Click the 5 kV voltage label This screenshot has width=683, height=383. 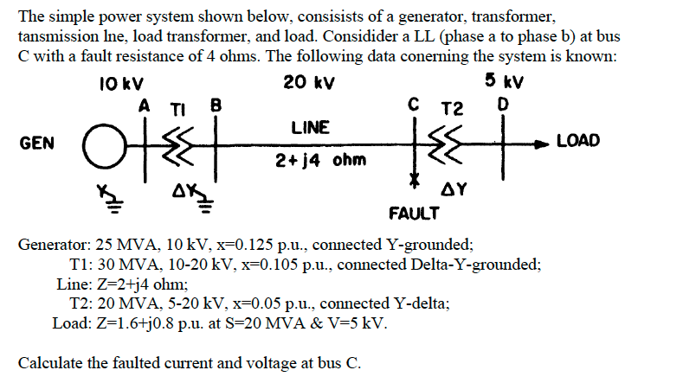coord(508,83)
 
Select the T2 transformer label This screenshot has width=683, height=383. coord(452,108)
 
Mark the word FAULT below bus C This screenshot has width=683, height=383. coord(414,211)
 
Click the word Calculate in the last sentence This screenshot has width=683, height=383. coord(48,363)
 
